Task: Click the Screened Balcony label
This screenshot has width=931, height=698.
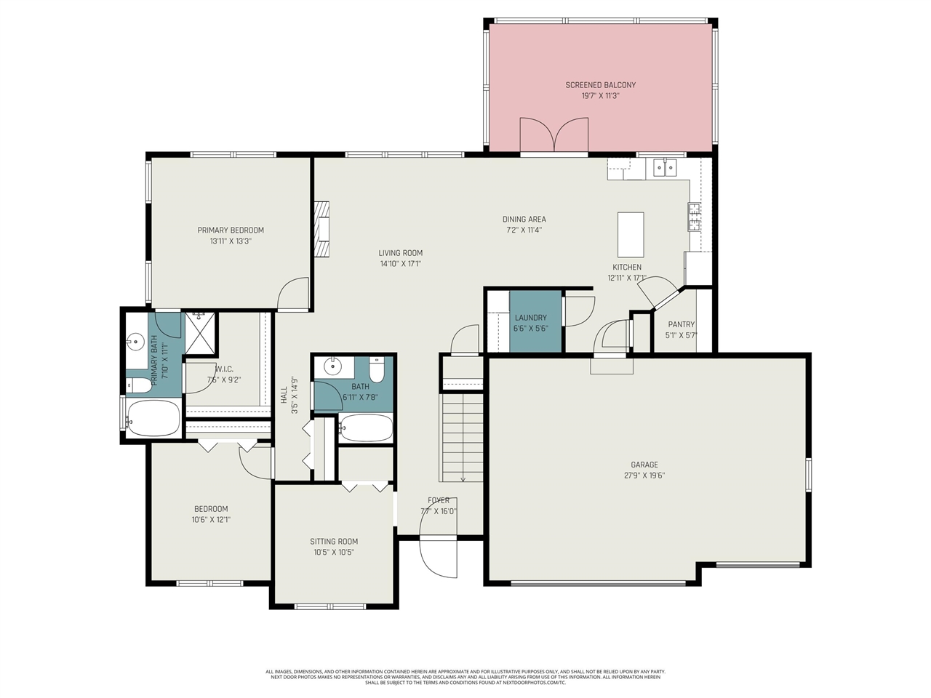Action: coord(600,85)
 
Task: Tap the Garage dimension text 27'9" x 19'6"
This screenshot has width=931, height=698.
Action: coord(644,476)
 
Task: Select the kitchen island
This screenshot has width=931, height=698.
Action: coord(631,230)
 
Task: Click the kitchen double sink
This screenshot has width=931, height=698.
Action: coord(665,168)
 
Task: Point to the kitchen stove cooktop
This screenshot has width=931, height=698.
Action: coord(695,217)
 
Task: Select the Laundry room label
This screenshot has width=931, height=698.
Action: coord(530,318)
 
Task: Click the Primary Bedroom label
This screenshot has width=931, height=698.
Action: coord(231,230)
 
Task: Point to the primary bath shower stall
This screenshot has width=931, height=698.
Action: coord(200,332)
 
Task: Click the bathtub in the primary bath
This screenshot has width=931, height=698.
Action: coord(153,418)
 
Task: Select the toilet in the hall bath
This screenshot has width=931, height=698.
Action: coord(376,371)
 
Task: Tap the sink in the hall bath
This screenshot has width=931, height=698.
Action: coord(333,365)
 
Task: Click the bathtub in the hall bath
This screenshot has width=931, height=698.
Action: coord(366,428)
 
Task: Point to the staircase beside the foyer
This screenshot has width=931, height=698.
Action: coord(461,436)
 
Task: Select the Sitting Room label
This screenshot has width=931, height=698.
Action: coord(334,542)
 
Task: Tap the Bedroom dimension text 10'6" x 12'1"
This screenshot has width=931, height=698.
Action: coord(211,520)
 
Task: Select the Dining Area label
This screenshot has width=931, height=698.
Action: coord(524,220)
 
